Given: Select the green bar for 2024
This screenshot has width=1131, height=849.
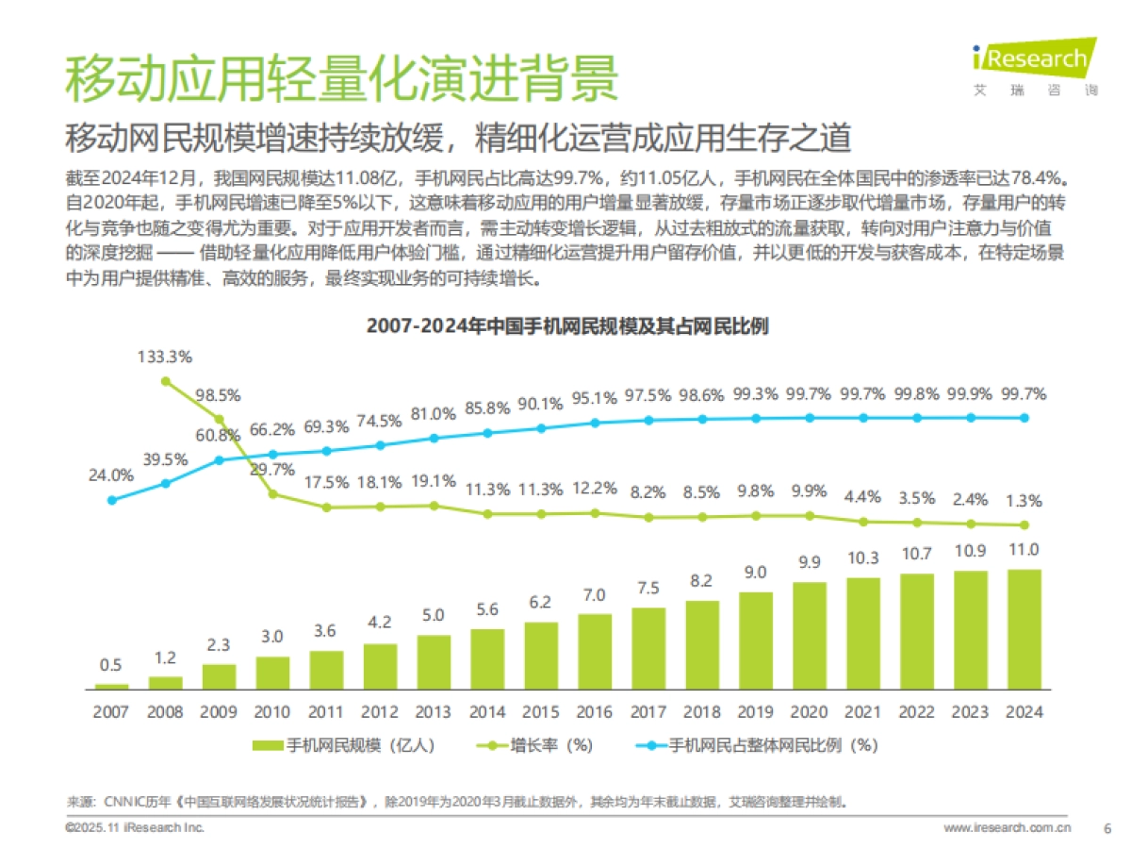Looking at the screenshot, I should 1024,628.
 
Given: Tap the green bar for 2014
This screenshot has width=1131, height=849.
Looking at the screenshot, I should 487,658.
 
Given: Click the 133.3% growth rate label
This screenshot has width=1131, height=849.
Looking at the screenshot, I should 165,358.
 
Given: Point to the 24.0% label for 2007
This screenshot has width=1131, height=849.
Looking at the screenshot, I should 111,475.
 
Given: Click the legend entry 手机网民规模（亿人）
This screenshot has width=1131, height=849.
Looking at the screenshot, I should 344,745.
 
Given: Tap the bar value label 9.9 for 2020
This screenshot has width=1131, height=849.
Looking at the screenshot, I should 810,563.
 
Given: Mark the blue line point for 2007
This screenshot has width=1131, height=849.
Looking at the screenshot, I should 112,500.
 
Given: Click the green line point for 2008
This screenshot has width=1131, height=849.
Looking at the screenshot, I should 166,381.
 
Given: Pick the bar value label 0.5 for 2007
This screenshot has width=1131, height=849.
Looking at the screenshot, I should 111,665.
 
